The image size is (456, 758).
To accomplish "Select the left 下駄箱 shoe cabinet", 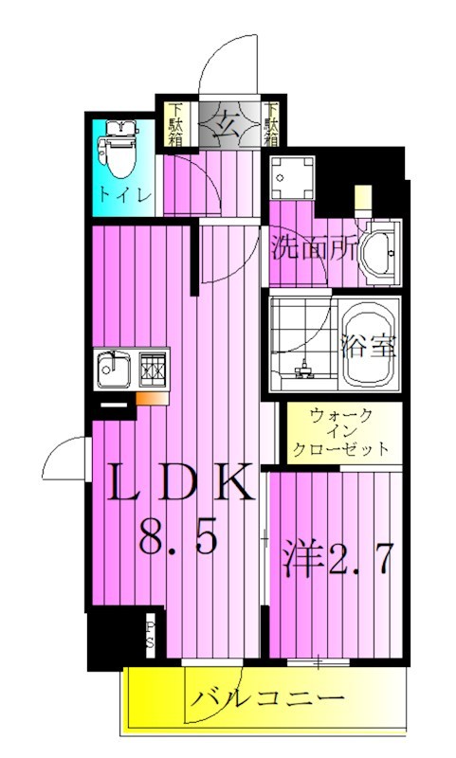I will coord(177,124).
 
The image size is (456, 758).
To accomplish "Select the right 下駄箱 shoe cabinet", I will coord(272,124).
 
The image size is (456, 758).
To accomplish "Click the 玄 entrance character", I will coord(225,123).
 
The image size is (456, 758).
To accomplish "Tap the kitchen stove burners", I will coord(153,368).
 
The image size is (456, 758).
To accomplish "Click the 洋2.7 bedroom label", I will coord(335,558).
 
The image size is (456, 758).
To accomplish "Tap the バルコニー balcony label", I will coord(267,700).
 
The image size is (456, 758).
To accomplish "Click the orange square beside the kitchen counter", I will coord(148,398).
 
